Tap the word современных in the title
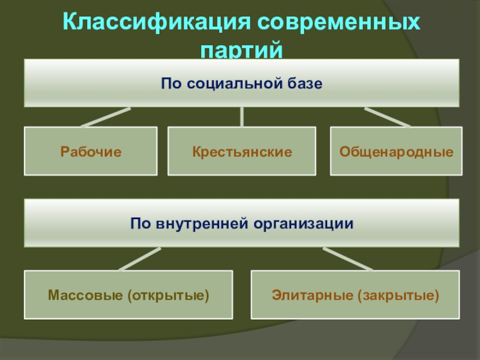tap(338, 22)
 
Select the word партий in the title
tap(242, 50)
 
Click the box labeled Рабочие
tap(91, 151)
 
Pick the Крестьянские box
tap(242, 151)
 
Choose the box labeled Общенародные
tap(396, 151)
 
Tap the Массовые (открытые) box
tap(128, 295)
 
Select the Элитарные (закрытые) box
tap(355, 295)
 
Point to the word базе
tap(305, 83)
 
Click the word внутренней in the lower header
tap(202, 223)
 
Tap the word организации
tap(304, 224)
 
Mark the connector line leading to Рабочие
tap(106, 117)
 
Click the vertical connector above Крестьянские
tap(242, 117)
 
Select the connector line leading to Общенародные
tap(387, 117)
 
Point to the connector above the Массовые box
tap(140, 259)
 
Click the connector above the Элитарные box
tap(348, 259)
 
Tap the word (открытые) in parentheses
tap(168, 295)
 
